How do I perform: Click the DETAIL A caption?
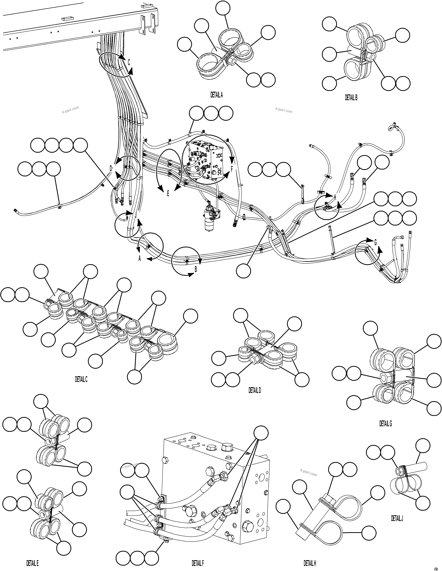(x=217, y=95)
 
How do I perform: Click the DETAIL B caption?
(x=351, y=98)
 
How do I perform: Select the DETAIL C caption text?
(x=81, y=379)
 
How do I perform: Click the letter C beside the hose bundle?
(x=129, y=62)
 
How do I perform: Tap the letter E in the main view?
(x=168, y=193)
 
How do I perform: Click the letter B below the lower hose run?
(x=196, y=269)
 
